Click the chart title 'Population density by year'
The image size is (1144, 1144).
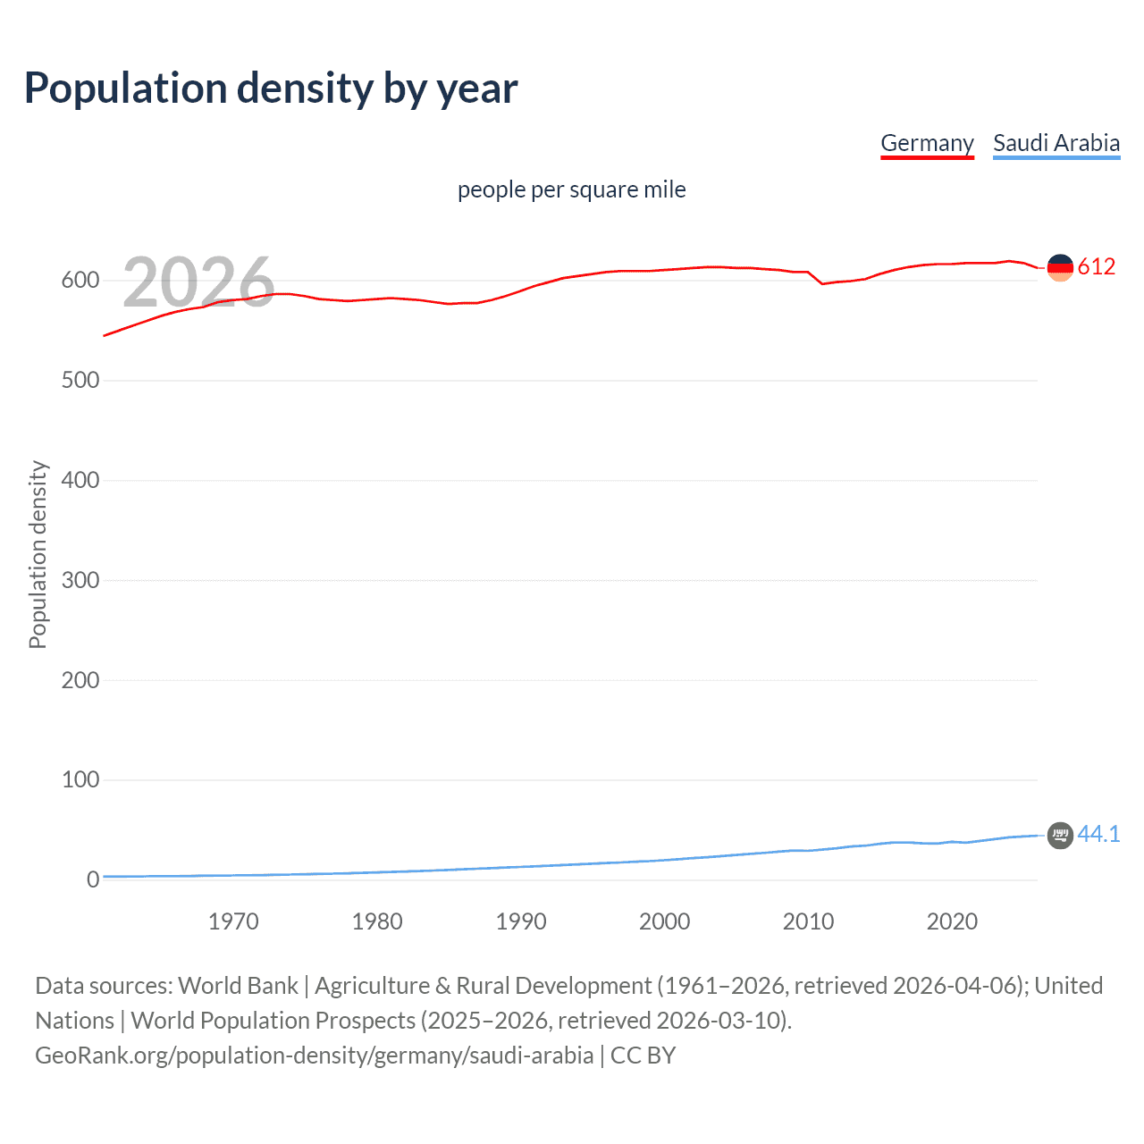click(271, 88)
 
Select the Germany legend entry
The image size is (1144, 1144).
click(927, 143)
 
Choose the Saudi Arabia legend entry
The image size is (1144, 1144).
click(1056, 143)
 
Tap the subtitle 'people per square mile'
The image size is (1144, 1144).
click(571, 189)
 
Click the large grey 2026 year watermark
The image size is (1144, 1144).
click(198, 282)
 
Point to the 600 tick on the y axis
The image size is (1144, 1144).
click(80, 281)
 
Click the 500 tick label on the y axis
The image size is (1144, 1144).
click(80, 381)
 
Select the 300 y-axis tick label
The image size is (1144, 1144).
click(80, 581)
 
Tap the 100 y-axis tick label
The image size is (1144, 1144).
click(80, 780)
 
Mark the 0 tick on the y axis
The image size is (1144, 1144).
click(92, 880)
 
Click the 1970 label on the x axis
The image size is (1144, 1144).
click(233, 921)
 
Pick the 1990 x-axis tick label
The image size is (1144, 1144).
click(521, 921)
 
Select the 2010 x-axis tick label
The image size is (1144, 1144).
click(808, 921)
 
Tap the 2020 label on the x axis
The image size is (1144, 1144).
click(952, 921)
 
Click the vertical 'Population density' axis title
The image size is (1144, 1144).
click(38, 554)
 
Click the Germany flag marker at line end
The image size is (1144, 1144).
click(1060, 267)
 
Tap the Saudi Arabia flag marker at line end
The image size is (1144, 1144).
click(1060, 836)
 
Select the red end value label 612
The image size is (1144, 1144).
click(1097, 266)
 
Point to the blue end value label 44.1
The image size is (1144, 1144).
click(1098, 834)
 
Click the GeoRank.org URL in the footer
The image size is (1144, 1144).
click(314, 1056)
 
